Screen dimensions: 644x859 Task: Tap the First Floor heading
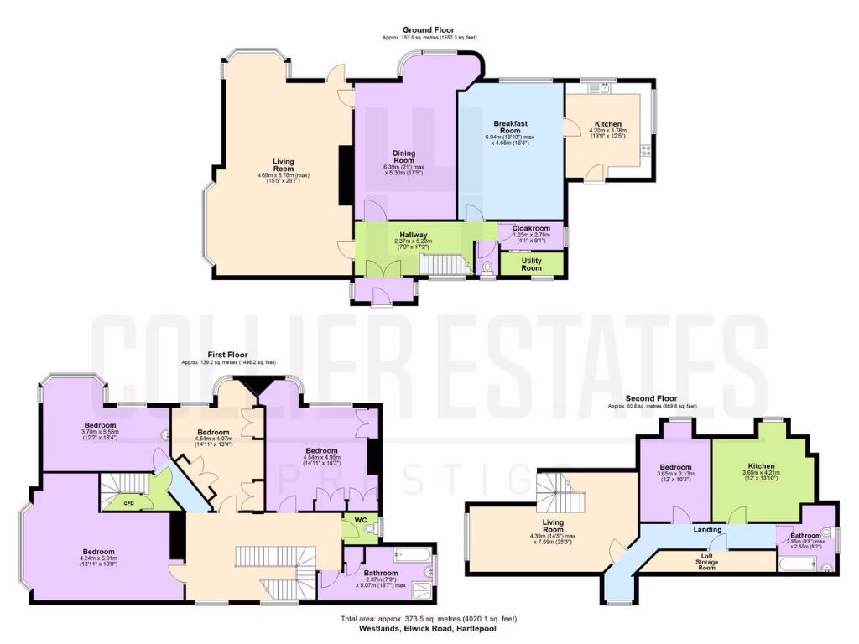point(228,355)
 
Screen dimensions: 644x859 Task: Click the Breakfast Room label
point(510,127)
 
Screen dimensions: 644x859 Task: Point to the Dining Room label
point(404,157)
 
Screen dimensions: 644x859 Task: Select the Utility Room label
point(531,264)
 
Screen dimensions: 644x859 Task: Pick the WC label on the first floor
point(361,520)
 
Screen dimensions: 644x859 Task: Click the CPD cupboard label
point(128,503)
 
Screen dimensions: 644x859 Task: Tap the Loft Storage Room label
point(707,562)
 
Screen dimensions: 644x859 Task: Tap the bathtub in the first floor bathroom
point(412,554)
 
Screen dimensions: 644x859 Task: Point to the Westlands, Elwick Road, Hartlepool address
point(429,627)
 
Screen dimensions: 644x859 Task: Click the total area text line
point(429,619)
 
